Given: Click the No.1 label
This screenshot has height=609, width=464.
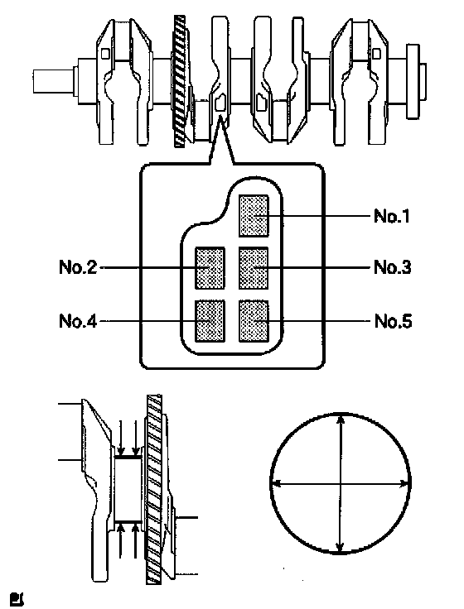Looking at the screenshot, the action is tap(392, 216).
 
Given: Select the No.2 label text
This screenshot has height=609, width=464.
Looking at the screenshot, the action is tap(78, 267).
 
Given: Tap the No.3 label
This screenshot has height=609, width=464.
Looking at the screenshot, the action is tap(392, 267).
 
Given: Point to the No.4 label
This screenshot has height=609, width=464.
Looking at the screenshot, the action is tap(78, 321).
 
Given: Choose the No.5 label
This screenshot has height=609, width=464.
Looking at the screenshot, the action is tap(393, 321).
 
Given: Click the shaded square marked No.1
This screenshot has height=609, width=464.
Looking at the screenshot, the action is tap(254, 216).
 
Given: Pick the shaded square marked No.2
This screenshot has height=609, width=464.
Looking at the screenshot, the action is tap(210, 268).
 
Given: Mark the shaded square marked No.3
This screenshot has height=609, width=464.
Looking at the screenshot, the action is tap(254, 268).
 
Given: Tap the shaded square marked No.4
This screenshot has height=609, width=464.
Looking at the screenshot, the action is tap(210, 321).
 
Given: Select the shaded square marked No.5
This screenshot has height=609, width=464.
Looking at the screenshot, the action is tap(254, 321).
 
